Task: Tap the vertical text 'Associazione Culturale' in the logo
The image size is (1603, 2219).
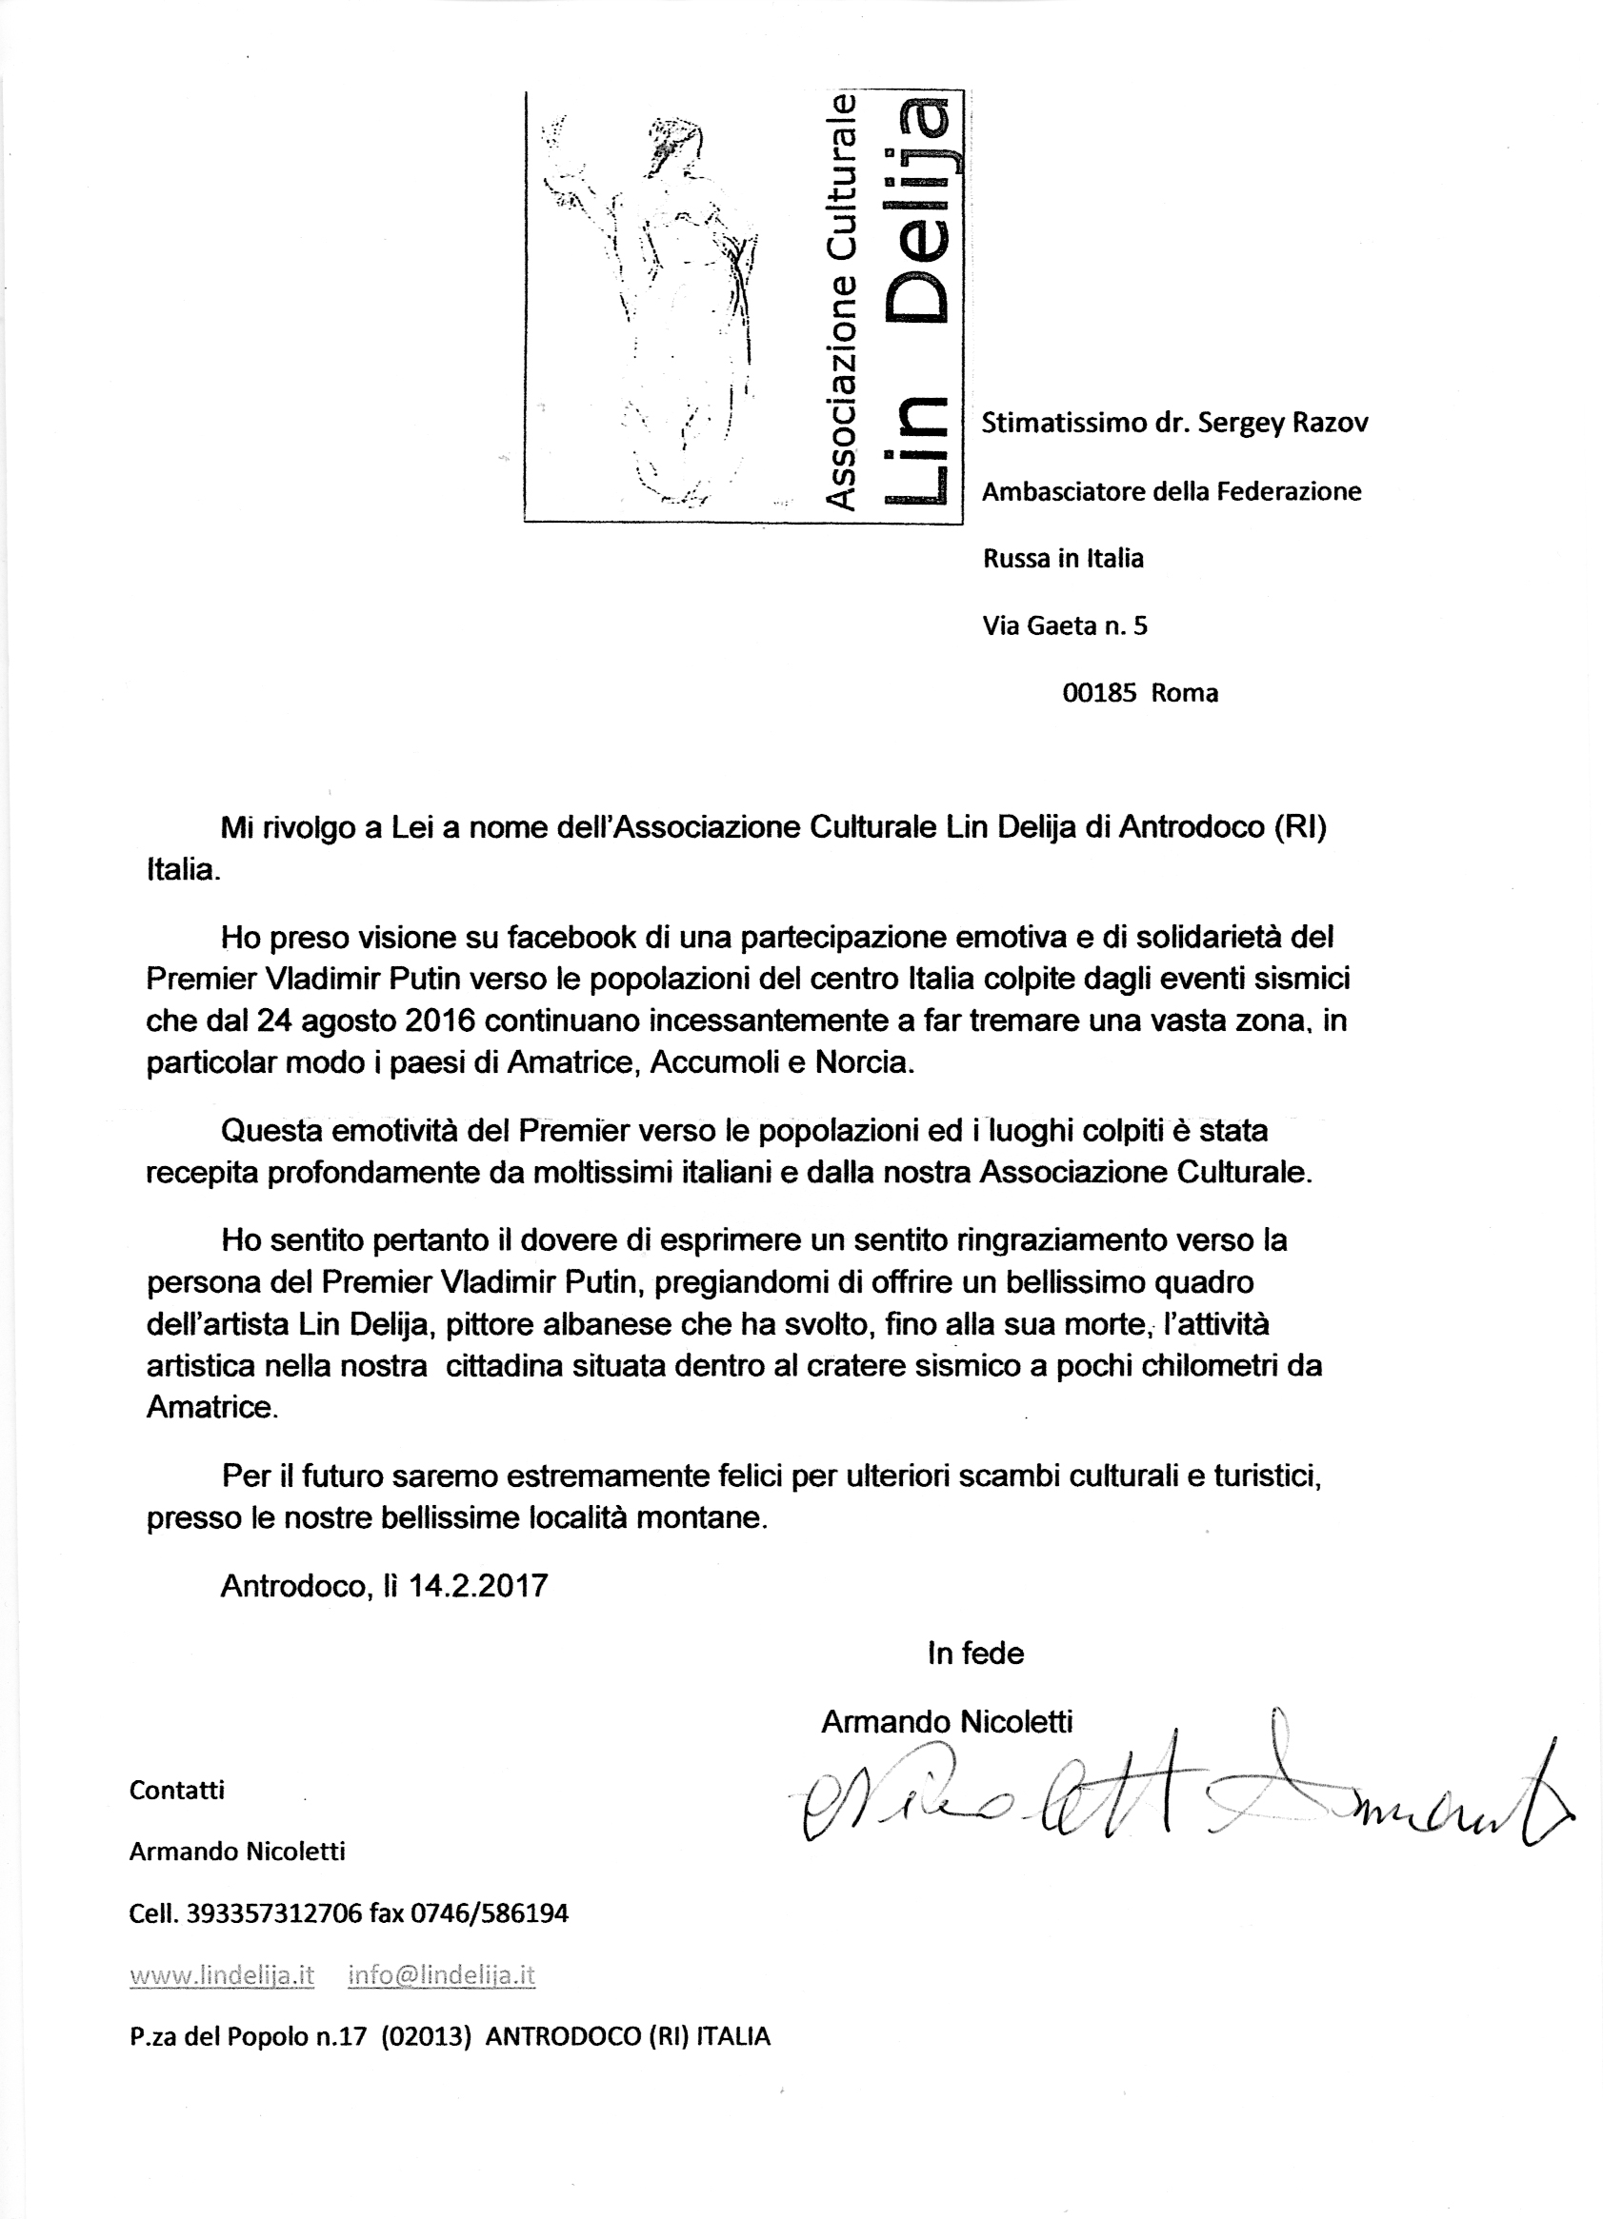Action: [x=840, y=304]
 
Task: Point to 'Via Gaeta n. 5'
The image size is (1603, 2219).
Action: [x=1064, y=625]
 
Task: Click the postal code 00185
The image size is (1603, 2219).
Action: [x=1099, y=694]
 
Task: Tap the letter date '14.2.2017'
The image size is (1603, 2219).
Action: [x=477, y=1585]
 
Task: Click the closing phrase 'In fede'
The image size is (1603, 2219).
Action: [x=975, y=1654]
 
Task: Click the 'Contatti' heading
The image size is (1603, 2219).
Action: [x=177, y=1791]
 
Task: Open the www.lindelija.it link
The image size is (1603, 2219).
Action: [x=222, y=1975]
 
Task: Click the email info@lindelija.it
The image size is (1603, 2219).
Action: [x=441, y=1975]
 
